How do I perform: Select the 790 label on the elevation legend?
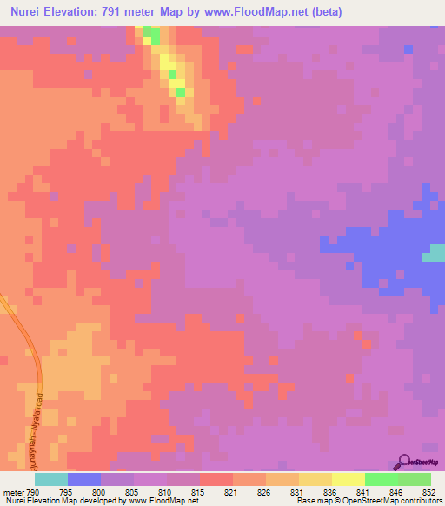(32, 493)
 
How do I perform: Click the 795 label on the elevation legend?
(66, 493)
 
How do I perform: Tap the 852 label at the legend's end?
(426, 493)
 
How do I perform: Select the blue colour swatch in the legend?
(83, 479)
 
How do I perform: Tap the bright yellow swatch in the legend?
(348, 479)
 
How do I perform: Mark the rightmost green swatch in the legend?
(415, 479)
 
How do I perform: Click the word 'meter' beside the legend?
(13, 493)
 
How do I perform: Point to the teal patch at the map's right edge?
(433, 254)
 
